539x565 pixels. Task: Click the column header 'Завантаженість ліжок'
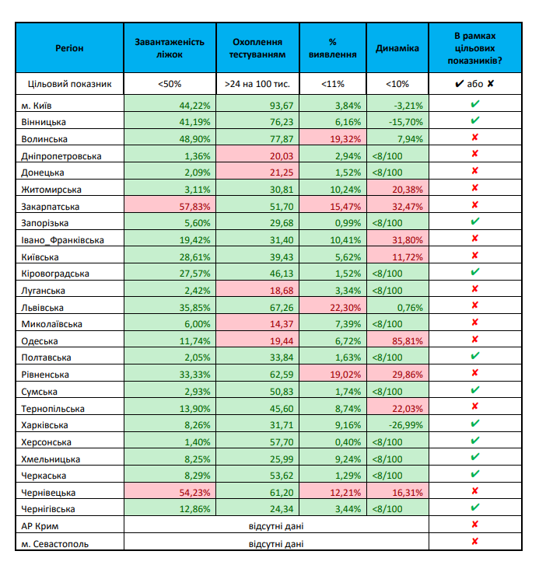[x=170, y=48]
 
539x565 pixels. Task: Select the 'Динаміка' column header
[x=397, y=48]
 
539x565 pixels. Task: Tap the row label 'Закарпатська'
[x=48, y=207]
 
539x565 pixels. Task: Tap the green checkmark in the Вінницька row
[x=474, y=122]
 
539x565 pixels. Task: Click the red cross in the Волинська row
[x=474, y=139]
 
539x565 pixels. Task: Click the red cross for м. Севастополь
[x=474, y=542]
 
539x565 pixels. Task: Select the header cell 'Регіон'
[x=69, y=48]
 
